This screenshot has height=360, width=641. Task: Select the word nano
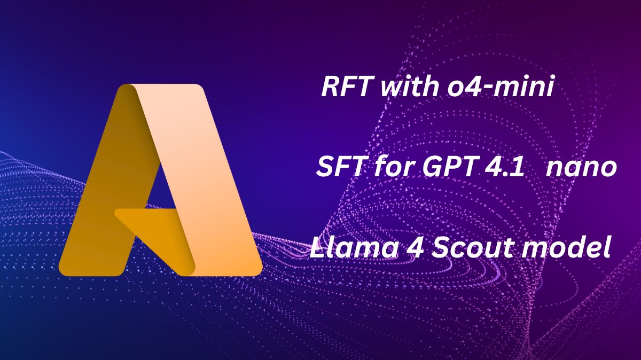[x=581, y=169]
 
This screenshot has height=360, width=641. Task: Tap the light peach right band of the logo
[x=200, y=177]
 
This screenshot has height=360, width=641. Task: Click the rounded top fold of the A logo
[x=129, y=89]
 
